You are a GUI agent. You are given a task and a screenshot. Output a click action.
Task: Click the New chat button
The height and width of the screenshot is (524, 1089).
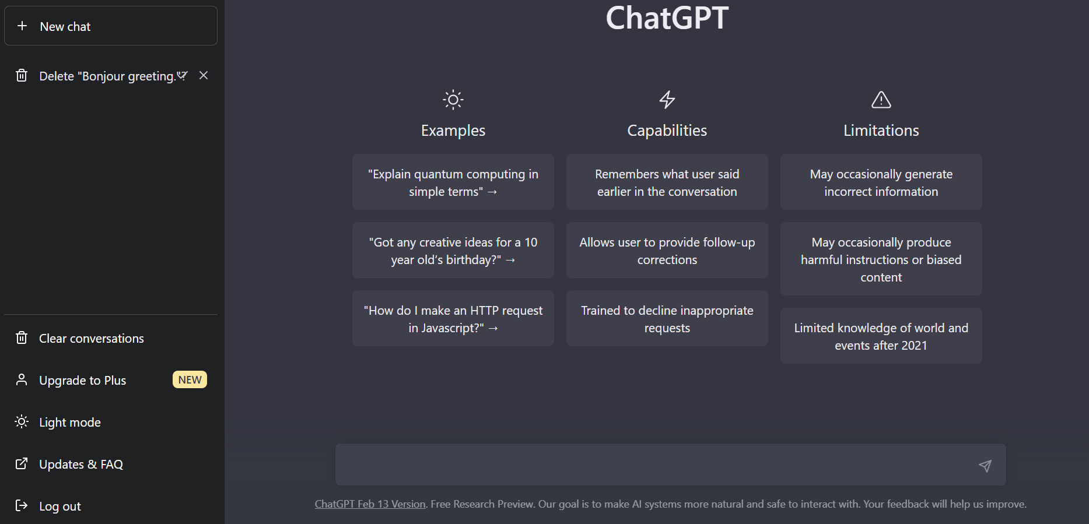pyautogui.click(x=111, y=26)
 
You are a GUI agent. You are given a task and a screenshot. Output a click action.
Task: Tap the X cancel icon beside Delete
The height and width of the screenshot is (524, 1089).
pyautogui.click(x=204, y=75)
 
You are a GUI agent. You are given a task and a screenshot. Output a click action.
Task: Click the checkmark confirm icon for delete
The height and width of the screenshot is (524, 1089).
pyautogui.click(x=183, y=75)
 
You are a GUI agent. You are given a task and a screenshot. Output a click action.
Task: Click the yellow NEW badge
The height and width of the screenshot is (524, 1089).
pyautogui.click(x=190, y=379)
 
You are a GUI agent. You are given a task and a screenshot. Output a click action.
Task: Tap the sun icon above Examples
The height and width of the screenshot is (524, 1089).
pyautogui.click(x=453, y=100)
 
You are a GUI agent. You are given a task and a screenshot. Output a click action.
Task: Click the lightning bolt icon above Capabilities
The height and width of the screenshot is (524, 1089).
pyautogui.click(x=667, y=100)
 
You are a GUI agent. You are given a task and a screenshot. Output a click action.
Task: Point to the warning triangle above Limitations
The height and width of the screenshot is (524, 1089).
pyautogui.click(x=881, y=100)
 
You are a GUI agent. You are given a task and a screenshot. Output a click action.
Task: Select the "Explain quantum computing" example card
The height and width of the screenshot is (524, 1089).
pyautogui.click(x=453, y=182)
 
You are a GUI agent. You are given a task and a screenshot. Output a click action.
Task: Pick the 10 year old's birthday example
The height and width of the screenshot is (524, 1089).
pyautogui.click(x=453, y=250)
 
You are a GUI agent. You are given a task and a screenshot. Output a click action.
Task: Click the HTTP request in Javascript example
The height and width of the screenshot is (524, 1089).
pyautogui.click(x=453, y=318)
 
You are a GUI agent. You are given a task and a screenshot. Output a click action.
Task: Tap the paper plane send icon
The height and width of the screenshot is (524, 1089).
pyautogui.click(x=985, y=465)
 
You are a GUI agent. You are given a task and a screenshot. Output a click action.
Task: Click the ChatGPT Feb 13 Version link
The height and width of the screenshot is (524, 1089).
pyautogui.click(x=370, y=504)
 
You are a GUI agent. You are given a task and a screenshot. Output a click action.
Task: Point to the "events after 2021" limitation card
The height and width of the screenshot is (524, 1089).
pyautogui.click(x=881, y=336)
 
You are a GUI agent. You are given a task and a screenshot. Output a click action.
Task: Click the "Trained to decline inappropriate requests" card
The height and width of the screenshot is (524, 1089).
pyautogui.click(x=667, y=318)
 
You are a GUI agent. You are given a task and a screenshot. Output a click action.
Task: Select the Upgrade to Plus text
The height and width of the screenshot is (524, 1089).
pyautogui.click(x=83, y=381)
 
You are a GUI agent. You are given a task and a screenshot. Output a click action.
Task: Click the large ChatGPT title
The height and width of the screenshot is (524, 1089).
pyautogui.click(x=667, y=17)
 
